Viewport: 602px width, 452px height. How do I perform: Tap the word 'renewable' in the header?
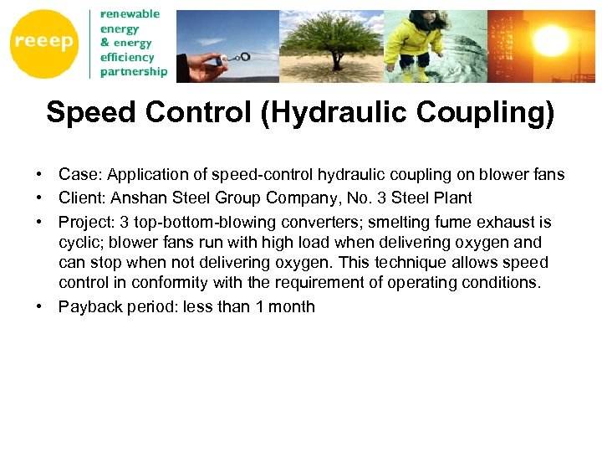130,14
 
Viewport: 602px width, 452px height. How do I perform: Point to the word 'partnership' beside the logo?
134,71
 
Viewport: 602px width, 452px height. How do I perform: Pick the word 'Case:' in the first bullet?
78,175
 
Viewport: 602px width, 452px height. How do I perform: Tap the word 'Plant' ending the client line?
452,198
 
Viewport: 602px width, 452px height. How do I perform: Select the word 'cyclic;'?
80,243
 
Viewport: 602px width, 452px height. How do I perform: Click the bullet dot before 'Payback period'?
39,306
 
